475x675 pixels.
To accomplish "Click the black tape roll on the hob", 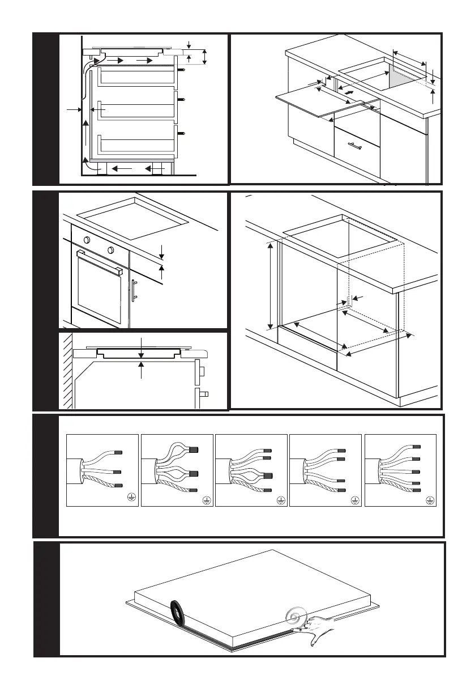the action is coord(177,612).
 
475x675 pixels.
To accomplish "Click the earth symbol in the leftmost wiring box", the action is coord(131,496).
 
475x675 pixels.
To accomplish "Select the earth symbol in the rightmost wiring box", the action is coord(430,500).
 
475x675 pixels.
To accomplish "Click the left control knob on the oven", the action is coord(88,240).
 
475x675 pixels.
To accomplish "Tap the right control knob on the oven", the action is coord(110,249).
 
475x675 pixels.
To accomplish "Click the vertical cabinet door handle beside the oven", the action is coord(135,292).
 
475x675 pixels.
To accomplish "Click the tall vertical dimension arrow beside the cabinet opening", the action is coord(271,285).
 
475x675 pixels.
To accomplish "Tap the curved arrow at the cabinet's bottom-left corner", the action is coord(88,163).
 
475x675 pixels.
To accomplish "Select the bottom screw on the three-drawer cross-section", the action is coord(182,134).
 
